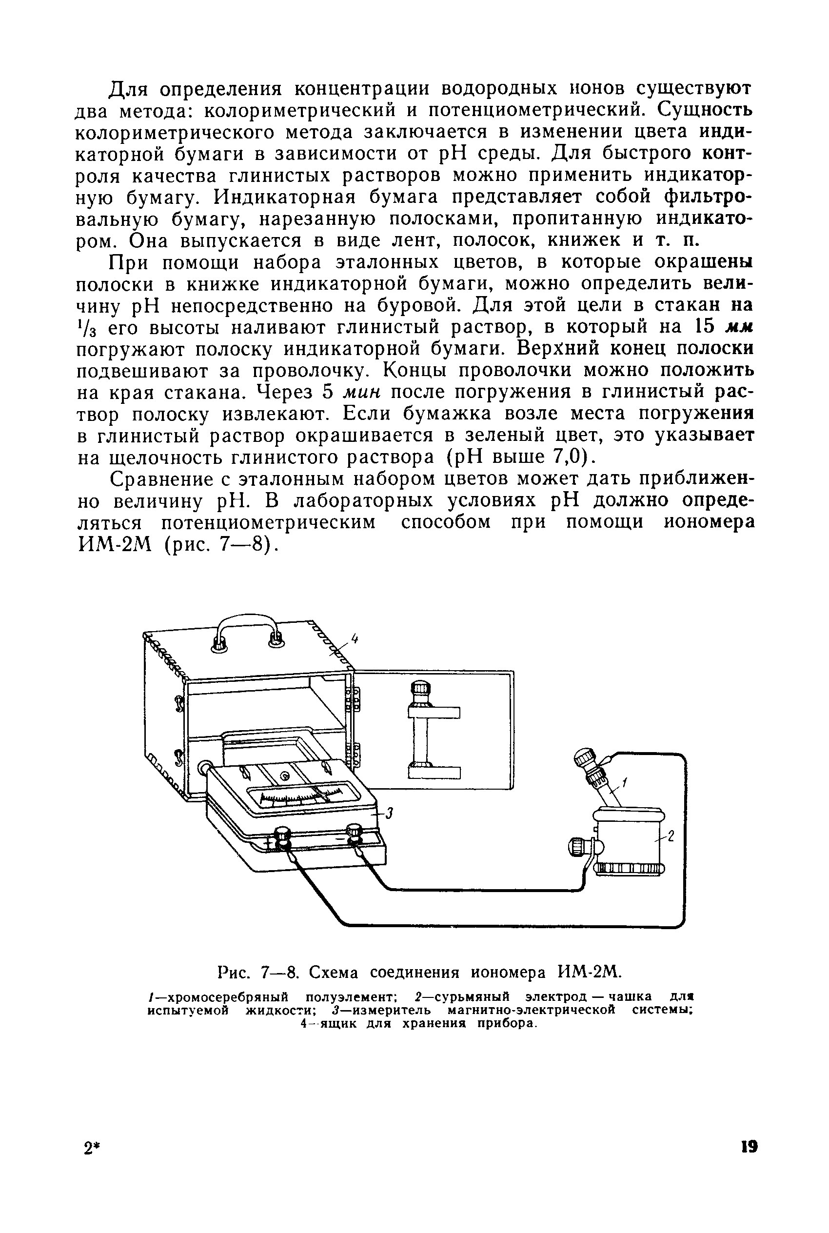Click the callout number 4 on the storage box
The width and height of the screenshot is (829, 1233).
(355, 639)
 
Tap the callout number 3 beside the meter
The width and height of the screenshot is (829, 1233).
(389, 814)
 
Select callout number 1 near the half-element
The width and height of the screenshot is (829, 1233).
(624, 782)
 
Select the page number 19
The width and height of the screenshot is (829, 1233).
(749, 1162)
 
